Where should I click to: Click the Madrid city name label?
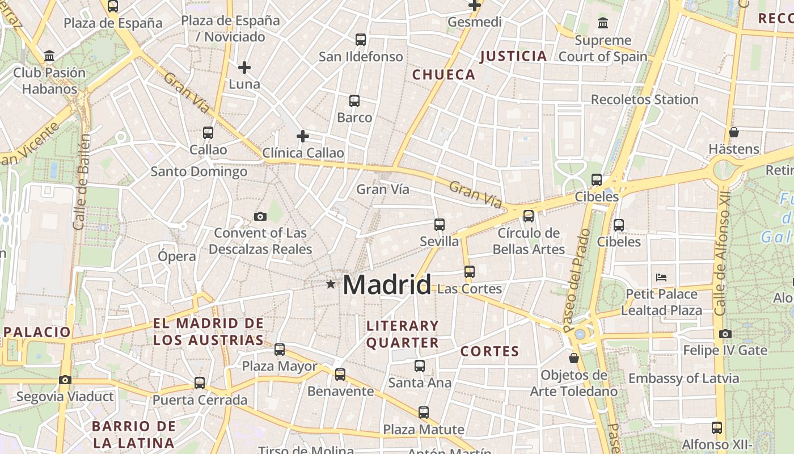(x=387, y=284)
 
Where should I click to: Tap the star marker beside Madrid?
(x=331, y=283)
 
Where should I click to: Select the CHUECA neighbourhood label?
(x=444, y=74)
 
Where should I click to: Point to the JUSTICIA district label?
(x=513, y=56)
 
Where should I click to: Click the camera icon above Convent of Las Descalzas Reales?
(x=260, y=216)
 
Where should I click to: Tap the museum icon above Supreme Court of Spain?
(x=602, y=23)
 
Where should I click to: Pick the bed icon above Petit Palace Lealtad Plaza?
(x=661, y=278)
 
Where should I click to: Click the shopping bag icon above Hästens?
(x=733, y=132)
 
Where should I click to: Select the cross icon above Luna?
(x=244, y=68)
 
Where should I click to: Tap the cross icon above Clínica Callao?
(x=303, y=136)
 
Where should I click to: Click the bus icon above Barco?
(x=354, y=101)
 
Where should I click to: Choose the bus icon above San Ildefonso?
(x=361, y=40)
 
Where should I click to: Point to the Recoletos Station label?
(x=644, y=99)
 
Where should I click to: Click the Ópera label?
(x=177, y=256)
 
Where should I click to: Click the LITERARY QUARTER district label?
(x=403, y=334)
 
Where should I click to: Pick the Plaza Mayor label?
(x=280, y=366)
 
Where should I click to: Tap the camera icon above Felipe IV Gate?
(x=725, y=334)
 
